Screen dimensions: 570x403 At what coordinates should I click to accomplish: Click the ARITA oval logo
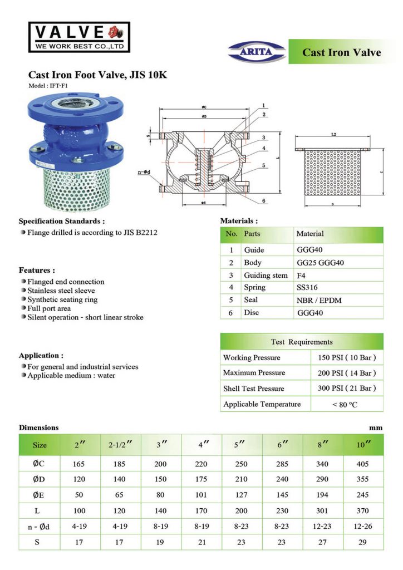tap(257, 52)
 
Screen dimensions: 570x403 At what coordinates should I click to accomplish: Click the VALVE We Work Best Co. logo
tap(79, 37)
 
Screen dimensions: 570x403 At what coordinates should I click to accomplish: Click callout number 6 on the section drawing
tap(263, 201)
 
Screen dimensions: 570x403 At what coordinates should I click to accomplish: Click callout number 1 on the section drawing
tap(263, 105)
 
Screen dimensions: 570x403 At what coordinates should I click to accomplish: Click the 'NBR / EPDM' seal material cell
tap(319, 300)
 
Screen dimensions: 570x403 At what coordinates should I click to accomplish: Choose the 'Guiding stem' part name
tap(266, 275)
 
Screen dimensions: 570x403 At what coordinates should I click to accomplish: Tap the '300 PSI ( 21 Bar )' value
tap(346, 388)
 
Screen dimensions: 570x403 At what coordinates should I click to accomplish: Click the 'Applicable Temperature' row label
tap(262, 404)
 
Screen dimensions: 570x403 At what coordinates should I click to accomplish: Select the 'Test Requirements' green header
tap(301, 342)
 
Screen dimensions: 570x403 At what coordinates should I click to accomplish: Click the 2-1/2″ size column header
tap(120, 445)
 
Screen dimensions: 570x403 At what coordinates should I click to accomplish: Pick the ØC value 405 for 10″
tap(362, 463)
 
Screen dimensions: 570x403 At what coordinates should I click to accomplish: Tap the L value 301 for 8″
tap(323, 509)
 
